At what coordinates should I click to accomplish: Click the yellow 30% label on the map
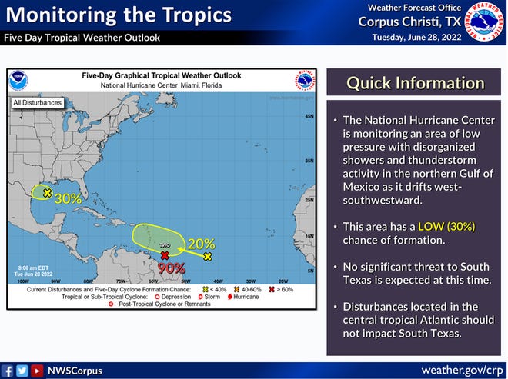(x=69, y=198)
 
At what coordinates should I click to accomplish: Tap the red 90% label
(x=172, y=268)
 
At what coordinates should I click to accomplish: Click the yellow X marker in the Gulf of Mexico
(x=48, y=193)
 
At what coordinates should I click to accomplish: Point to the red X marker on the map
(x=165, y=254)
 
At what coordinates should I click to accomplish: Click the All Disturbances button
(x=36, y=101)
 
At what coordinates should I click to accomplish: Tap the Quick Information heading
(x=416, y=83)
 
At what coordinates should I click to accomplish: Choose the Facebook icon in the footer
(x=8, y=371)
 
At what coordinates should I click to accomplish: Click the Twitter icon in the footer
(x=22, y=371)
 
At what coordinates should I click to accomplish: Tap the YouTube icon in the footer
(x=36, y=371)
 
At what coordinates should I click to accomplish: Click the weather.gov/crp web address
(x=463, y=370)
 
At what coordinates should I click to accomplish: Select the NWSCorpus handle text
(x=75, y=371)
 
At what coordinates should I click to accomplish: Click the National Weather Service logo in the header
(x=484, y=22)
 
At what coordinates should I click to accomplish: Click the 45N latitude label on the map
(x=308, y=116)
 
